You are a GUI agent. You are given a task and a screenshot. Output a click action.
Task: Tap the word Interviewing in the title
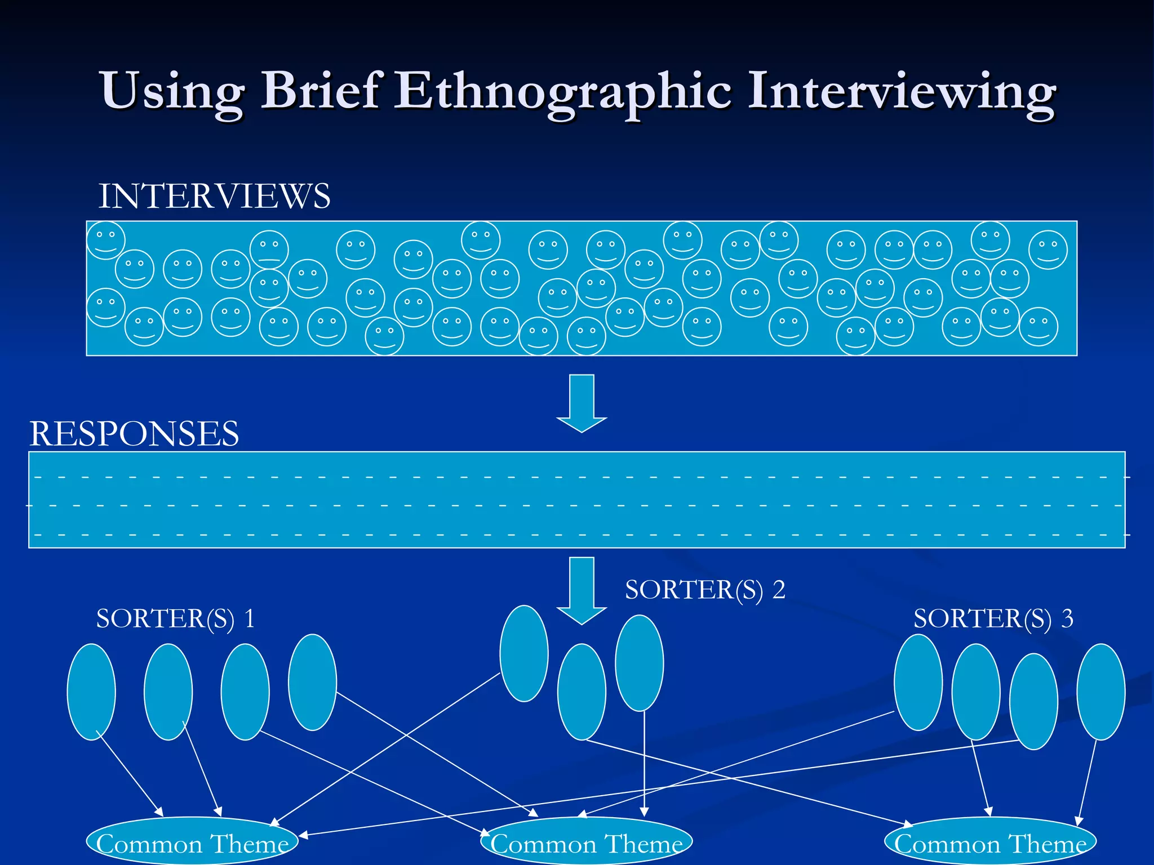coord(902,91)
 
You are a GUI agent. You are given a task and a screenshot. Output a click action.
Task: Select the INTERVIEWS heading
coord(214,196)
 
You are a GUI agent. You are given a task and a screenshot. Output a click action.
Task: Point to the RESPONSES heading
coord(134,434)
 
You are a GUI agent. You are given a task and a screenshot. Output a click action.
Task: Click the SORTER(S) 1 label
coord(175,618)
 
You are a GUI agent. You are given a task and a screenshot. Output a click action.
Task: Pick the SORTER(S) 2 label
coord(705,590)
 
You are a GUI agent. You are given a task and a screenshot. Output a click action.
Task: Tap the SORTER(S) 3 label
coord(993,618)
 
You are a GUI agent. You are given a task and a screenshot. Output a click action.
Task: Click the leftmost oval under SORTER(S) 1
coord(91,692)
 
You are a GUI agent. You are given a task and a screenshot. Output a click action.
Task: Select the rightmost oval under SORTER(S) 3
coord(1100,692)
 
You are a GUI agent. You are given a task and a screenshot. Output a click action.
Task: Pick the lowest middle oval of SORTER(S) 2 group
coord(582,692)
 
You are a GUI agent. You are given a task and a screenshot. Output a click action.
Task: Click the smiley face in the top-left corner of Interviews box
coord(105,240)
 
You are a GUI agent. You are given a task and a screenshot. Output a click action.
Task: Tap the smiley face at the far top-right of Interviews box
coord(1048,250)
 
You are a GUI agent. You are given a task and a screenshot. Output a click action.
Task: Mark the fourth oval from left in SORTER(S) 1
coord(312,682)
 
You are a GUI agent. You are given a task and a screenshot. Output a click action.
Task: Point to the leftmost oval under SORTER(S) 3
coord(918,682)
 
